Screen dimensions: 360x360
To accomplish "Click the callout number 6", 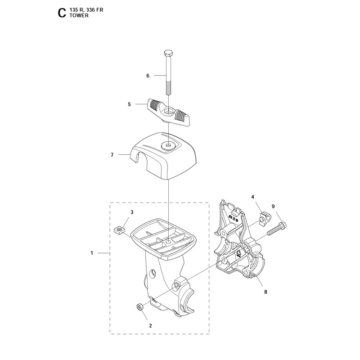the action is point(148,76).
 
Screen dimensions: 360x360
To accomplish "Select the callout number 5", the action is point(129,104).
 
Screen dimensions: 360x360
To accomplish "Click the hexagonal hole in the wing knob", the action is point(169,112).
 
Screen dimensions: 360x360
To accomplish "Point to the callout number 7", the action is point(112,155).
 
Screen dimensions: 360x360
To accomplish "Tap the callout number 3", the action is point(132,212).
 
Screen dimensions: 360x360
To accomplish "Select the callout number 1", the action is point(92,253).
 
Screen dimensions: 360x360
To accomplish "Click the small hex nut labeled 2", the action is point(140,306).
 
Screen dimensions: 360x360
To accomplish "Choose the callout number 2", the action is point(150,326).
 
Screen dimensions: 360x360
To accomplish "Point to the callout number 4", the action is point(253,197).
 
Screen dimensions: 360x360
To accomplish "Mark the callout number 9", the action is point(273,207).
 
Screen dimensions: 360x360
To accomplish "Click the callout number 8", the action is point(265,292).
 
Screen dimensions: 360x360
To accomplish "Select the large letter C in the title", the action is point(62,13).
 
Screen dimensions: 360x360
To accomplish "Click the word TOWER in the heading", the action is point(79,15).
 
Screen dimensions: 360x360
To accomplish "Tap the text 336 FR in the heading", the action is point(94,10).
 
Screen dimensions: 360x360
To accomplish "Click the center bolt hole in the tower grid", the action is point(168,242).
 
